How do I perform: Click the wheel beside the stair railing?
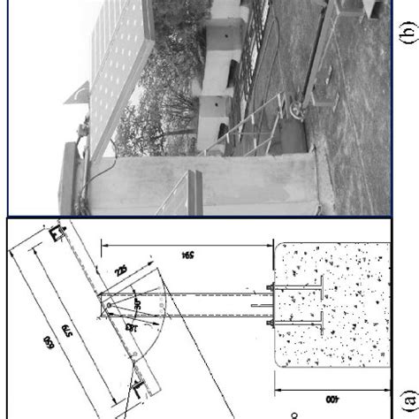[293, 112]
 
